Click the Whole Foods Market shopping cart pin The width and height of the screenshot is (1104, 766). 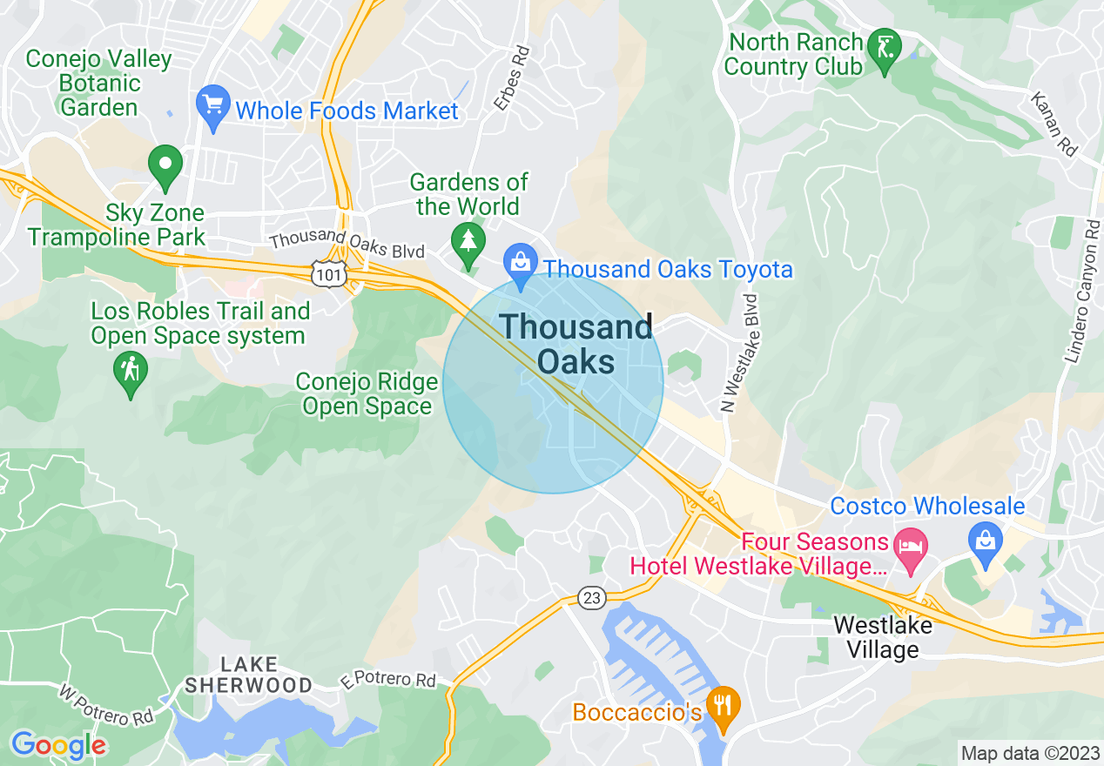212,104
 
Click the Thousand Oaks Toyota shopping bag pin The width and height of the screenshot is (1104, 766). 520,264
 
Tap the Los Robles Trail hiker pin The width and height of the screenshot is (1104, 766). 130,372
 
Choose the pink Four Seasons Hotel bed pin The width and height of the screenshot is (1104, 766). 911,548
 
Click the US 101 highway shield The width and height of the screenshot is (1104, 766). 329,273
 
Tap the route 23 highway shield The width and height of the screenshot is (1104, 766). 591,598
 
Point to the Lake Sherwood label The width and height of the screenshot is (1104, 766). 248,675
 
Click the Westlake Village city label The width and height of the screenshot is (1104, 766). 882,637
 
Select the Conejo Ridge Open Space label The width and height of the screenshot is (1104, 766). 367,394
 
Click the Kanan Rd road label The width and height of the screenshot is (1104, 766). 1054,124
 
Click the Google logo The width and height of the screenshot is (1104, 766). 58,745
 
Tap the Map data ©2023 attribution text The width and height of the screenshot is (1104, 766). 1030,753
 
